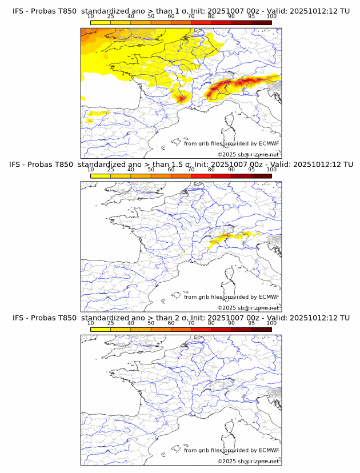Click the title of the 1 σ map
(181, 11)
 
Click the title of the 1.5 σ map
(181, 165)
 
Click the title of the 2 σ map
(181, 318)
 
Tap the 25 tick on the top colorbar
(110, 17)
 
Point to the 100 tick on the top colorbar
(271, 17)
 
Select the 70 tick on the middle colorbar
(191, 170)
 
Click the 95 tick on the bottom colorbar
(251, 323)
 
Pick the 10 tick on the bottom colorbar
(90, 323)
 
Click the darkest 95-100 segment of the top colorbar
(261, 23)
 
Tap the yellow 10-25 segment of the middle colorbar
(100, 176)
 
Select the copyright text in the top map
(248, 155)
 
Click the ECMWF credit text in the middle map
(231, 297)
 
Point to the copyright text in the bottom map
(248, 461)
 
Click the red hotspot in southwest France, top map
(182, 99)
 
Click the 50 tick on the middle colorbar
(151, 170)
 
